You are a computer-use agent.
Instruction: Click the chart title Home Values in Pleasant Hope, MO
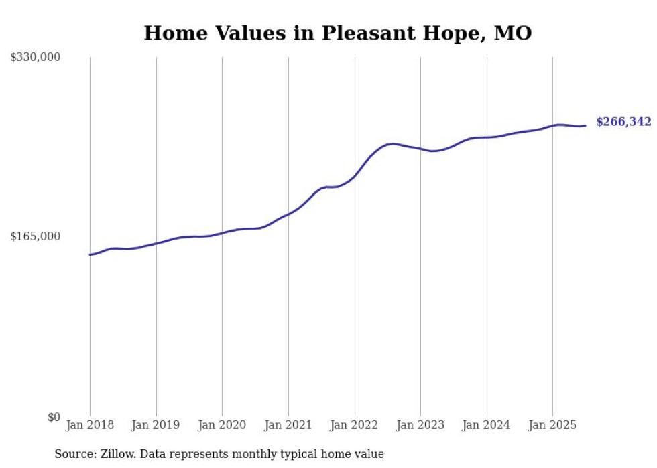[337, 33]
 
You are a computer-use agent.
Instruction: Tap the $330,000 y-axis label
[36, 58]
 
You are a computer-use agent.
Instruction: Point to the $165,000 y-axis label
[36, 236]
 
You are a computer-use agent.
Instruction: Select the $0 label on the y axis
[54, 417]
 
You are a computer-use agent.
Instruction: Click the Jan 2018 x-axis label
[90, 425]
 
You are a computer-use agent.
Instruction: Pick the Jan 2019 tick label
[156, 425]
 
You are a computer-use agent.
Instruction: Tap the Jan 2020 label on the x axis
[222, 425]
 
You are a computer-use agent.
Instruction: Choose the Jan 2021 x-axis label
[288, 425]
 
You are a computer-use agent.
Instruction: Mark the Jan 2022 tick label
[355, 425]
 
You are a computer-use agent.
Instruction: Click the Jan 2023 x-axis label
[420, 425]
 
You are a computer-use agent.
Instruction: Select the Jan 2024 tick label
[487, 425]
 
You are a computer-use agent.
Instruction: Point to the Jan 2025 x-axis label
[552, 425]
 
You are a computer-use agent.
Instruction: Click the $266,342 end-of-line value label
[623, 122]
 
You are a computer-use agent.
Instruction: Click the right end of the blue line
[585, 125]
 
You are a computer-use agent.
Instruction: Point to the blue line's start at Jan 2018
[90, 254]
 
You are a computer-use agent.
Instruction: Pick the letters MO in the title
[514, 33]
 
